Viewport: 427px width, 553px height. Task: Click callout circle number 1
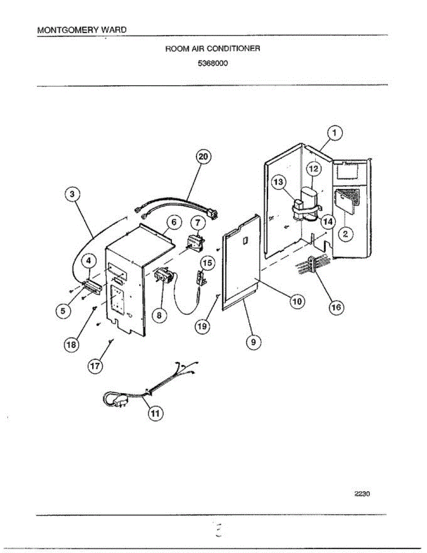[335, 134]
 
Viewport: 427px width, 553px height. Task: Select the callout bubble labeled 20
[203, 157]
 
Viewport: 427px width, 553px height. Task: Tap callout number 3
[71, 195]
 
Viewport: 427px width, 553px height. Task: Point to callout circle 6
[173, 223]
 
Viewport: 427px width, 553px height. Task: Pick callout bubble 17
[95, 366]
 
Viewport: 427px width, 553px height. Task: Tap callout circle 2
[346, 234]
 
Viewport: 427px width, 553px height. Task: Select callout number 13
[279, 182]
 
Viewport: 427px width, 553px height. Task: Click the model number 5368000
[213, 64]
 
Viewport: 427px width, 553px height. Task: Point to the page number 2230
[363, 494]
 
